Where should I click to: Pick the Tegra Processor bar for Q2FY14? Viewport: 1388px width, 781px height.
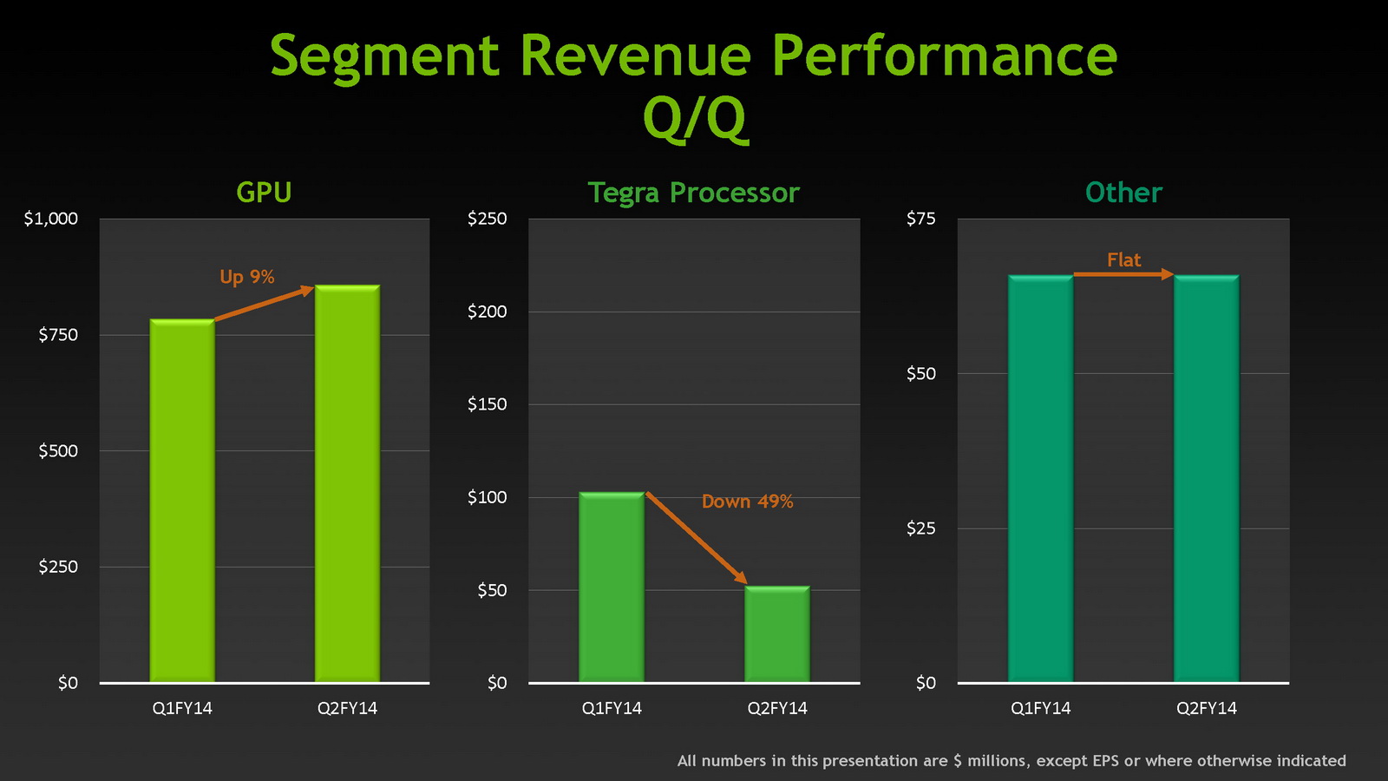[777, 634]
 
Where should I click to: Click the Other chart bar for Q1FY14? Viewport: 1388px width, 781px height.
[1040, 478]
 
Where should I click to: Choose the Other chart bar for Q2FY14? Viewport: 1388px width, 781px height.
[1206, 478]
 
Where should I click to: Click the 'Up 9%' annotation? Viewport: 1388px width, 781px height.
[247, 277]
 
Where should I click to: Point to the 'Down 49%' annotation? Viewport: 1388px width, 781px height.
[747, 502]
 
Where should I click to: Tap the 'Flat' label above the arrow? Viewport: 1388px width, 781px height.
[1123, 259]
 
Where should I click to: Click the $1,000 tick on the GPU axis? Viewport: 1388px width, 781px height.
[51, 219]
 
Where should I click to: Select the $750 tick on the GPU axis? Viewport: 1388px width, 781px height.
[58, 335]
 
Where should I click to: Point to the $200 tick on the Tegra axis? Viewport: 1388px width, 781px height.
[487, 312]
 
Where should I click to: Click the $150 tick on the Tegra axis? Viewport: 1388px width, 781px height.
[487, 404]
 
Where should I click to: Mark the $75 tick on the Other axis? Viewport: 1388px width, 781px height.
[921, 219]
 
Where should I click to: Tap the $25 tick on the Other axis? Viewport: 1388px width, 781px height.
[921, 528]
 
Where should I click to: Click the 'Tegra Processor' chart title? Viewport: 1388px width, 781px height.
[693, 193]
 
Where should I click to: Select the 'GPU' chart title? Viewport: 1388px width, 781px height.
[264, 193]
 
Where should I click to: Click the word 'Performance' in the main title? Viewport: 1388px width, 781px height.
[944, 56]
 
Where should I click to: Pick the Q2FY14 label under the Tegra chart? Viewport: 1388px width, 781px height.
[777, 708]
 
